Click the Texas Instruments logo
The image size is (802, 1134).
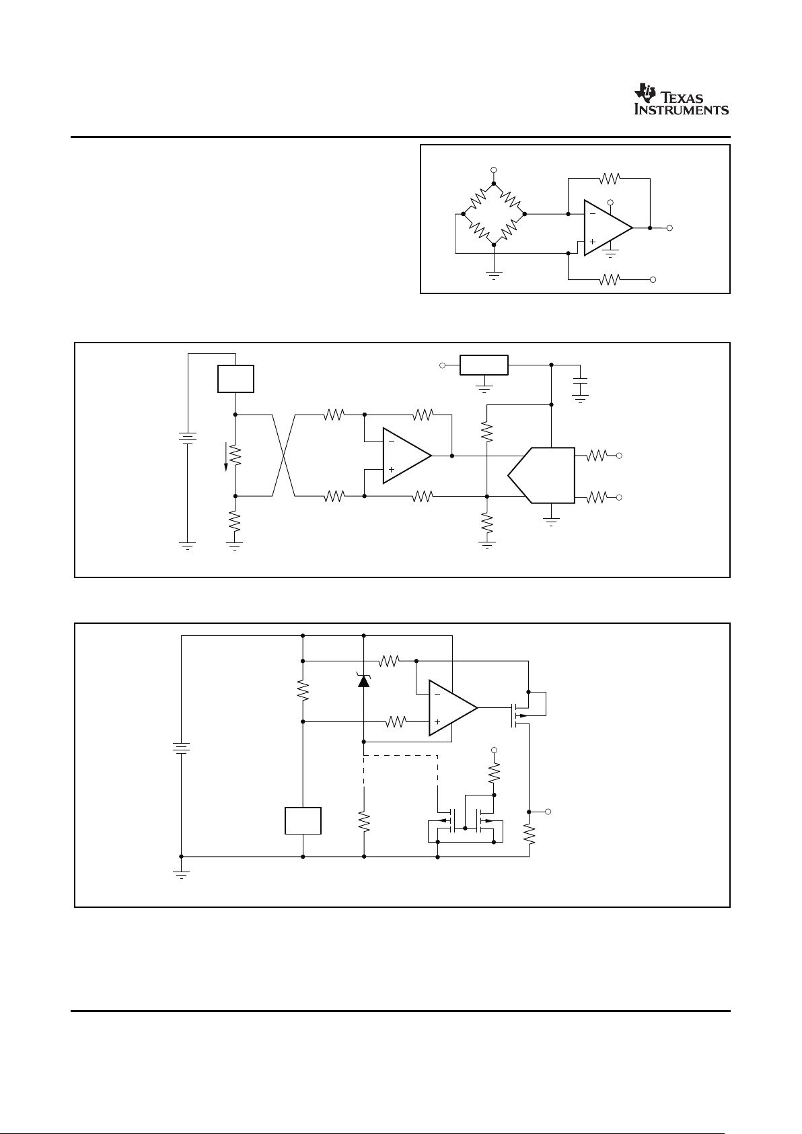tap(681, 99)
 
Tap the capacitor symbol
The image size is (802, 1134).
tap(581, 387)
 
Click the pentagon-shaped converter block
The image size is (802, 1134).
tap(542, 475)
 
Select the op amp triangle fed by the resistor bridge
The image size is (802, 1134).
tap(608, 228)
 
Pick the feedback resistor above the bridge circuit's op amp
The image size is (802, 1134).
tap(609, 178)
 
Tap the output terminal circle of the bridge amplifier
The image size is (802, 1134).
tap(669, 228)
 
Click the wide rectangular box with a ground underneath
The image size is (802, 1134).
tap(484, 365)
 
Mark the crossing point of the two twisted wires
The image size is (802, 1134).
tap(284, 456)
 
